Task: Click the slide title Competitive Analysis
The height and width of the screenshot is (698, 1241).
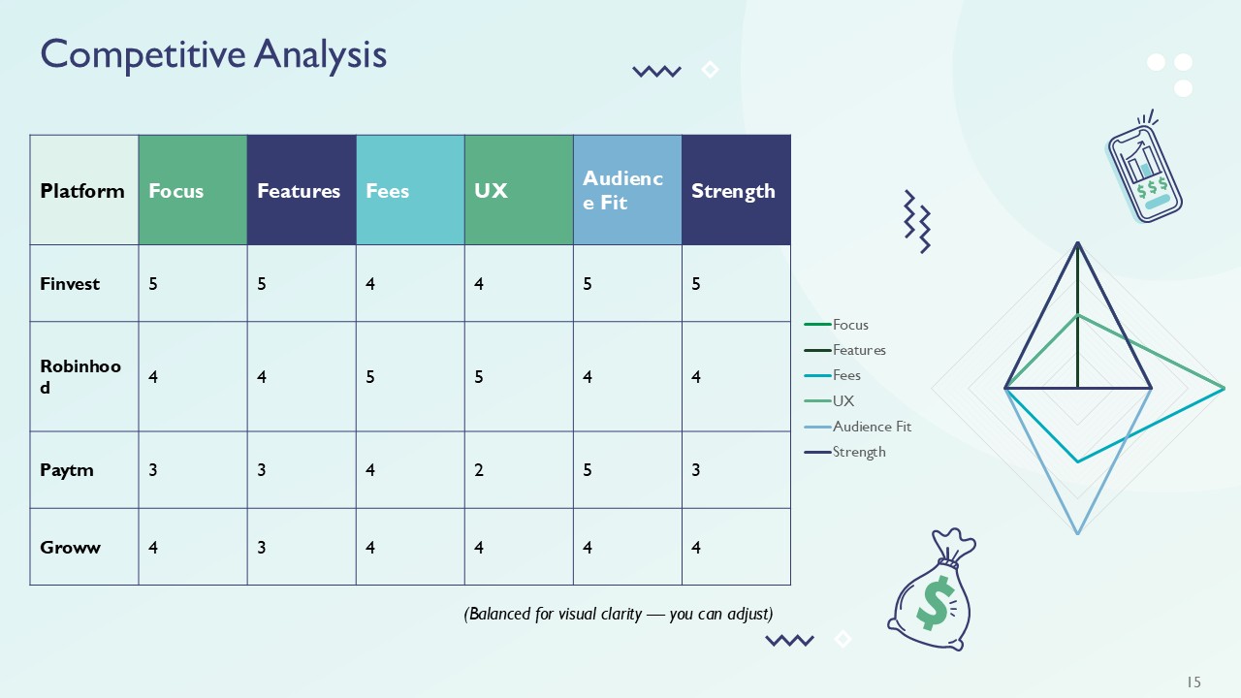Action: pos(213,54)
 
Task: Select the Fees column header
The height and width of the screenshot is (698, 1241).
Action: pos(410,191)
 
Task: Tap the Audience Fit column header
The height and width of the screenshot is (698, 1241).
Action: pos(627,191)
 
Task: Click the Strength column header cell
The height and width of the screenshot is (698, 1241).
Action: pos(736,191)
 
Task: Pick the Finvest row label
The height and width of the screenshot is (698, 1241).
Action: pos(71,284)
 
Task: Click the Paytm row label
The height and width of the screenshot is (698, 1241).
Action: pos(68,470)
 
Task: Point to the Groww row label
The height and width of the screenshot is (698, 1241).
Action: pos(71,548)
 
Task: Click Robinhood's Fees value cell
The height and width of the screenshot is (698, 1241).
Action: pos(410,377)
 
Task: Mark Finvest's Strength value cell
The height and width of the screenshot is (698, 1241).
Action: pos(736,284)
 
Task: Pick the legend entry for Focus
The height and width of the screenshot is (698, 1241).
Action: pos(849,325)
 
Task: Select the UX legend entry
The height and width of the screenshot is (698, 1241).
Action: pos(843,400)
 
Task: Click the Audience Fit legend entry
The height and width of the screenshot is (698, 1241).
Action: pos(871,427)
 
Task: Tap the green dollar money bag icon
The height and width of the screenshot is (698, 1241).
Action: pos(931,591)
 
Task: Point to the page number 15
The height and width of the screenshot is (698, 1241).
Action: pos(1193,682)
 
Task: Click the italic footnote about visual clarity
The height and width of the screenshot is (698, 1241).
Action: pos(619,614)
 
